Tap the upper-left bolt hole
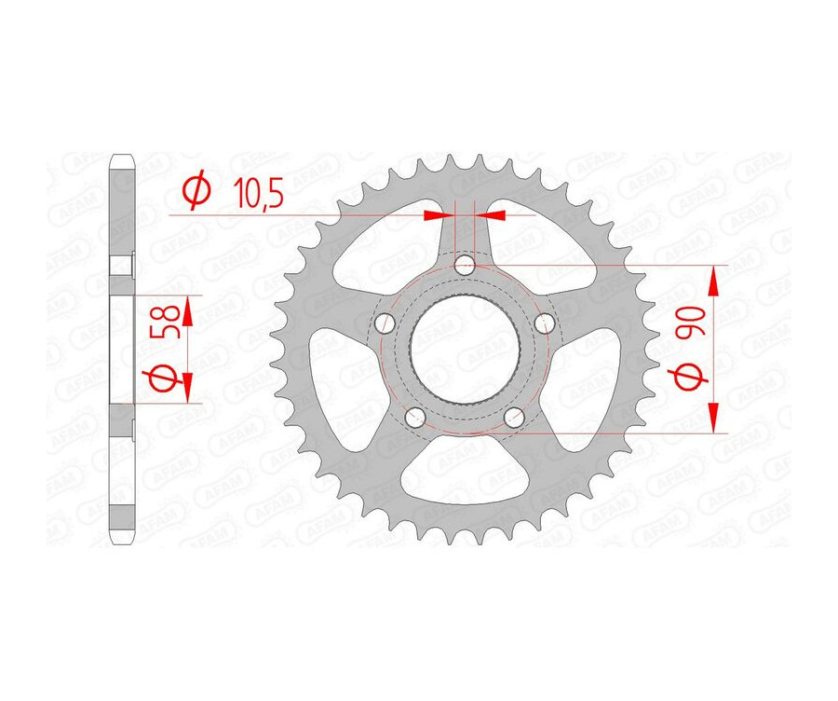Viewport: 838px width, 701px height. (384, 323)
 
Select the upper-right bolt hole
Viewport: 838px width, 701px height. (546, 323)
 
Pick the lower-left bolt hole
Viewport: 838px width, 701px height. (415, 417)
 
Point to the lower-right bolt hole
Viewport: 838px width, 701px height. (514, 417)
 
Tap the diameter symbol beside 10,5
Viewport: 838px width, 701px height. (196, 192)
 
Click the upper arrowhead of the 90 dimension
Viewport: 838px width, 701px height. (714, 279)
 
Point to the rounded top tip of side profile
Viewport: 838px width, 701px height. (122, 158)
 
